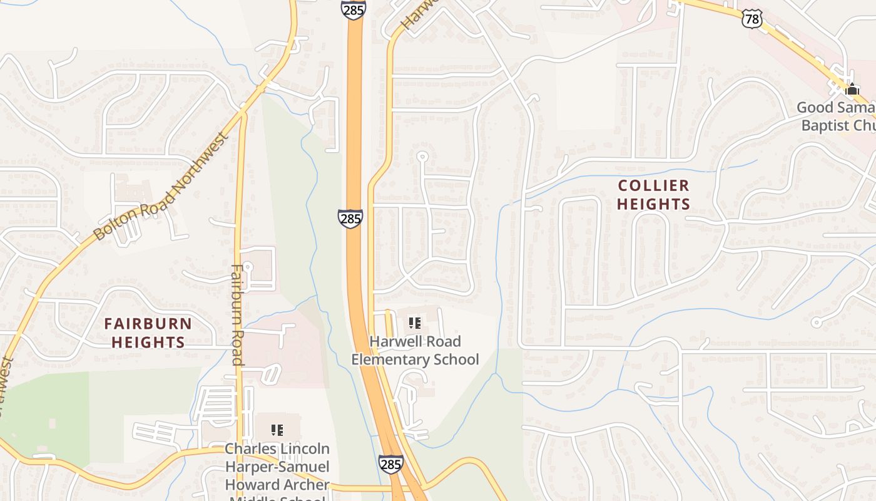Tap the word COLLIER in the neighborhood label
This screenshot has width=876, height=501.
tap(653, 186)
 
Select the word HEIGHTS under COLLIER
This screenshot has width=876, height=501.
tap(653, 204)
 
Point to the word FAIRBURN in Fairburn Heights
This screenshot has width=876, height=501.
tap(148, 324)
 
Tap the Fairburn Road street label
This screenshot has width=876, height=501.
tap(237, 314)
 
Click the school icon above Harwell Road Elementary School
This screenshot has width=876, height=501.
tap(415, 323)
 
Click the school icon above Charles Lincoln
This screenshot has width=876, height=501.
tap(277, 430)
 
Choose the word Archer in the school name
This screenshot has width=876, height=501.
tap(305, 485)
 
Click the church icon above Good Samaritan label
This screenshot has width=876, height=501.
tap(852, 89)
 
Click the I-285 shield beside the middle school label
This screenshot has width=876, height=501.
tap(390, 464)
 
